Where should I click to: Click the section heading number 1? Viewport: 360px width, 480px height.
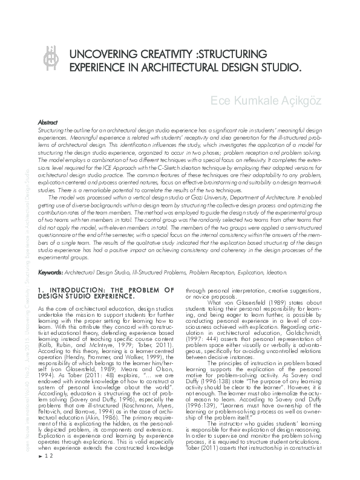(39, 290)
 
